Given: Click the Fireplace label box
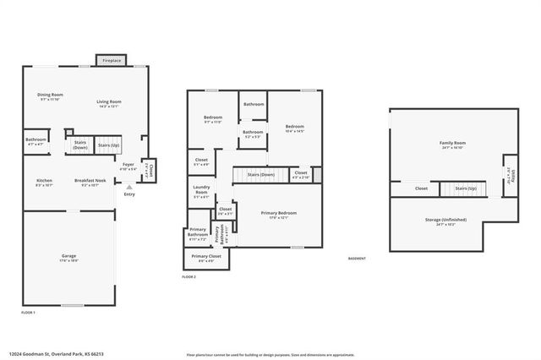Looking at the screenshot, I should click(x=112, y=61).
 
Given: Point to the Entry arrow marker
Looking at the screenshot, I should click(x=128, y=188).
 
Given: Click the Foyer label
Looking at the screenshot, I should click(x=128, y=166).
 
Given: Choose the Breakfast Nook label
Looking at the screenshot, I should click(x=90, y=182).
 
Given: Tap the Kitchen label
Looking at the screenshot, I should click(x=44, y=182).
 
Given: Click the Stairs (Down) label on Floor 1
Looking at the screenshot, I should click(x=81, y=145).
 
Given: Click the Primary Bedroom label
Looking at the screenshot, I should click(x=278, y=215).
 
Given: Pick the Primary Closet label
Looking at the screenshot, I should click(x=205, y=257).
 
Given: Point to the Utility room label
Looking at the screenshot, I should click(x=511, y=175).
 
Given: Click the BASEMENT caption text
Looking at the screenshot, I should click(x=358, y=259).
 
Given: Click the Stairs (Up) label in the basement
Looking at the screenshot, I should click(x=467, y=188).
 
